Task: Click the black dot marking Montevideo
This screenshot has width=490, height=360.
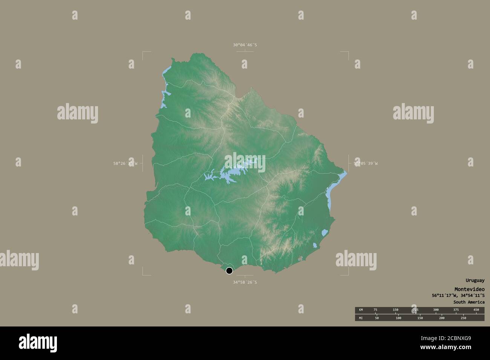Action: (229, 270)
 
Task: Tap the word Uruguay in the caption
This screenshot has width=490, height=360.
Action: (475, 281)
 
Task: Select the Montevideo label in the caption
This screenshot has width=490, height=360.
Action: (469, 289)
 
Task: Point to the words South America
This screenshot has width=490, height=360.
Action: (469, 302)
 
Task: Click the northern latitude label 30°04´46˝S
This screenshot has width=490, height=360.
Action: (245, 45)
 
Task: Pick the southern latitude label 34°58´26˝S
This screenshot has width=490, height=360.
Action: (245, 282)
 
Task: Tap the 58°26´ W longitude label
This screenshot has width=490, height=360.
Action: (126, 163)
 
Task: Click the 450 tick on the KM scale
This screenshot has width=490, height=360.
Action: (476, 310)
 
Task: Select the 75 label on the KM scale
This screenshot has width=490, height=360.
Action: (375, 310)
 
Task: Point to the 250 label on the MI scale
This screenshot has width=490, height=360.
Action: (463, 318)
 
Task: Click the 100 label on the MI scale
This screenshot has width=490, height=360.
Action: (398, 318)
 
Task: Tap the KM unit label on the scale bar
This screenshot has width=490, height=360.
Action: (361, 310)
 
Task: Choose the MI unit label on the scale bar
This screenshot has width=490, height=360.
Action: (361, 318)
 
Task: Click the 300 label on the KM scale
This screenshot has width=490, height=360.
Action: (436, 310)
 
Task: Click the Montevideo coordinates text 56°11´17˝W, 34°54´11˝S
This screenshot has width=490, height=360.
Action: (458, 296)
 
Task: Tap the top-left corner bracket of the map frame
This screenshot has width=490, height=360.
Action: (143, 53)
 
